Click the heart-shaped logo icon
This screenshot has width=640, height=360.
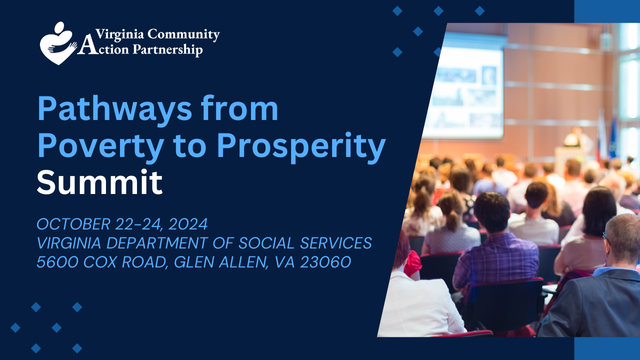(x=58, y=42)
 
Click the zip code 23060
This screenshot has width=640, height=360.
(x=330, y=262)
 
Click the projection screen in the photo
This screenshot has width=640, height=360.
(x=466, y=85)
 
